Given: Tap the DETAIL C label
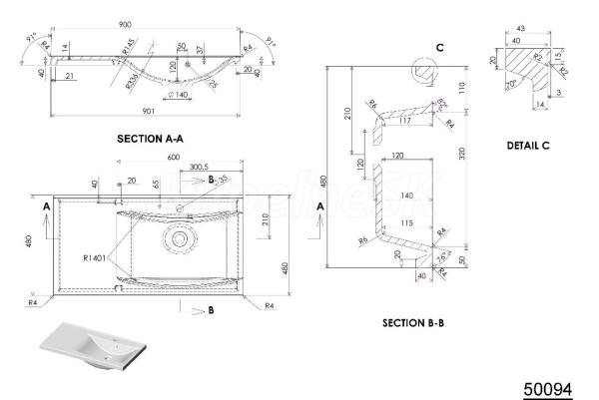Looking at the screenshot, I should (527, 146).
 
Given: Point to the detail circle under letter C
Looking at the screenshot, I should (423, 70).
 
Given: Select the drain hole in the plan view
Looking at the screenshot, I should (180, 239).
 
